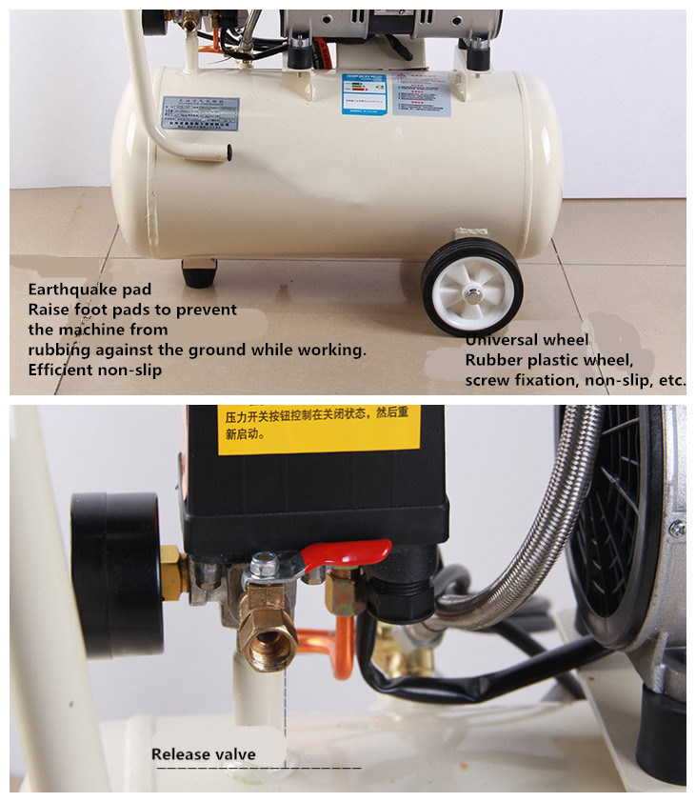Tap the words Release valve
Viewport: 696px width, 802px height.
[204, 754]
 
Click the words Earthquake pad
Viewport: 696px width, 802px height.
[89, 289]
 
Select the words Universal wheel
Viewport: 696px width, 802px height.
[527, 340]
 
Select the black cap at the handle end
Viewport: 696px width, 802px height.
[231, 151]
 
